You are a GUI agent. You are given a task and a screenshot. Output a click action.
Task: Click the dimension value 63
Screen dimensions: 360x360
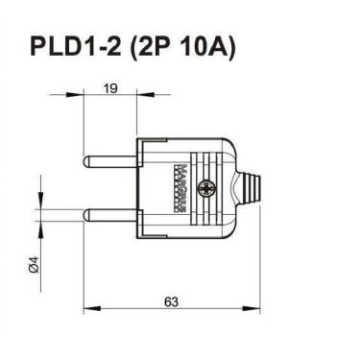171,301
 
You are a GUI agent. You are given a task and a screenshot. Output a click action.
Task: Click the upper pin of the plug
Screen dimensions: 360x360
110,157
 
